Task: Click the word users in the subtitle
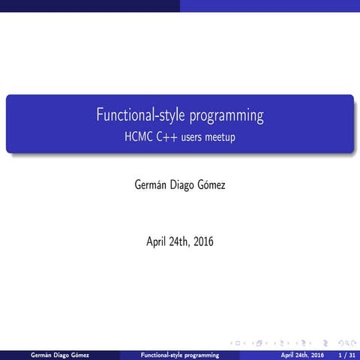pyautogui.click(x=192, y=138)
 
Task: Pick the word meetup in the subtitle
pyautogui.click(x=222, y=138)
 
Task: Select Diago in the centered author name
pyautogui.click(x=179, y=181)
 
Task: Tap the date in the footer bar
pyautogui.click(x=302, y=354)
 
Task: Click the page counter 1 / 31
pyautogui.click(x=345, y=354)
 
